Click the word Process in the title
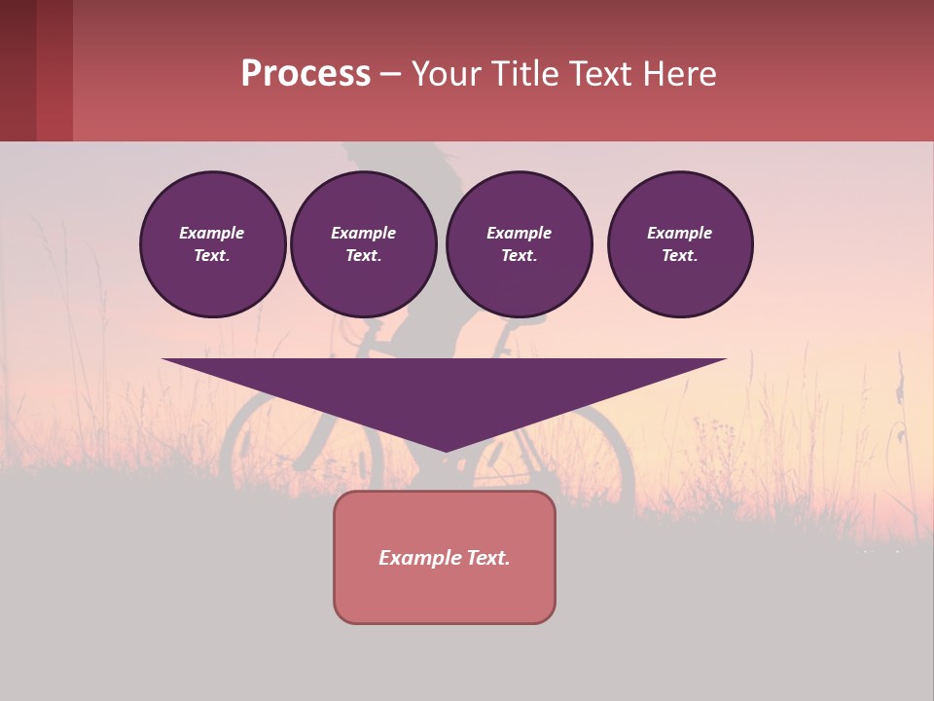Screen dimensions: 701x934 pyautogui.click(x=305, y=74)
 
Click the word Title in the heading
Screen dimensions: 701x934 pyautogui.click(x=522, y=74)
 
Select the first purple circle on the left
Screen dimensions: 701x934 pyautogui.click(x=212, y=244)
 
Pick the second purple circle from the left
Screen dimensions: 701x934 pyautogui.click(x=363, y=244)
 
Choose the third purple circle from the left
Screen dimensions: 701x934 pyautogui.click(x=519, y=244)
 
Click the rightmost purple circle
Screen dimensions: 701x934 pyautogui.click(x=679, y=244)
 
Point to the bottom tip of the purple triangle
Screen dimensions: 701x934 pyautogui.click(x=445, y=450)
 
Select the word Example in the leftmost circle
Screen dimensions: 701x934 pyautogui.click(x=212, y=233)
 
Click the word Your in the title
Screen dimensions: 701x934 pyautogui.click(x=444, y=74)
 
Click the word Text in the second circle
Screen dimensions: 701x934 pyautogui.click(x=363, y=256)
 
